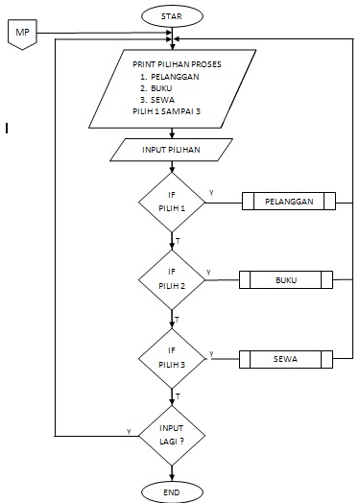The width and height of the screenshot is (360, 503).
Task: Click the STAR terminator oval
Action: pos(172,16)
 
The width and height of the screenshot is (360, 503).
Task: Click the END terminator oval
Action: pos(172,491)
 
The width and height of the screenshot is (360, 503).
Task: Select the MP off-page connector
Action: pos(22,36)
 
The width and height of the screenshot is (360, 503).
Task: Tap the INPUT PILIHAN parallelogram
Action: pos(172,151)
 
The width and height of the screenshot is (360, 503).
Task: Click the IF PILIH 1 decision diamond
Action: pos(172,202)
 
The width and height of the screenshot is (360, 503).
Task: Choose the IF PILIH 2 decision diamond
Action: pos(172,280)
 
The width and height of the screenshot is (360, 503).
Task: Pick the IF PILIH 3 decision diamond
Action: pos(172,359)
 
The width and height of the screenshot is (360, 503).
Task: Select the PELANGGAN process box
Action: pos(288,202)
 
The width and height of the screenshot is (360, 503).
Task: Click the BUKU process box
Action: pos(285,280)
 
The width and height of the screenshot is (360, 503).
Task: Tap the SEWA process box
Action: pos(285,359)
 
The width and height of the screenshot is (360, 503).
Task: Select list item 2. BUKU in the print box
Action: pos(159,87)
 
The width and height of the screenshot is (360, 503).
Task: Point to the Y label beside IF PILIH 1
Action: pos(210,194)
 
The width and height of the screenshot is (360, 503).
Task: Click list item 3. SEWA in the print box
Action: pos(159,100)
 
